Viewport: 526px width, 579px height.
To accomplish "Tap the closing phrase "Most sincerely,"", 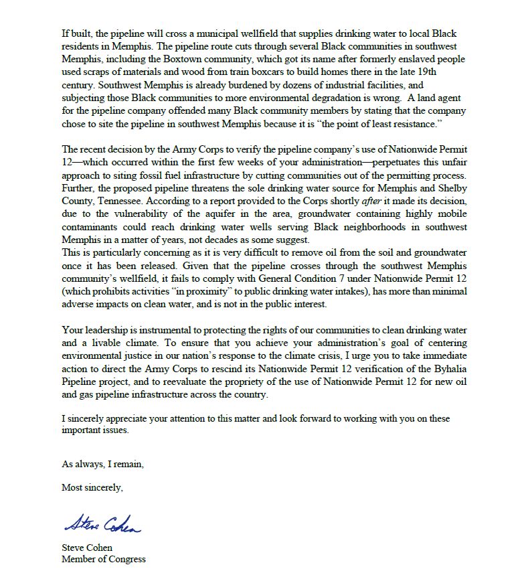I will coord(92,487).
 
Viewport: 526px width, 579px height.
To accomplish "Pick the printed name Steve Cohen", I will coord(88,548).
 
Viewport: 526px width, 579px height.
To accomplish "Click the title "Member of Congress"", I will coord(104,559).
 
